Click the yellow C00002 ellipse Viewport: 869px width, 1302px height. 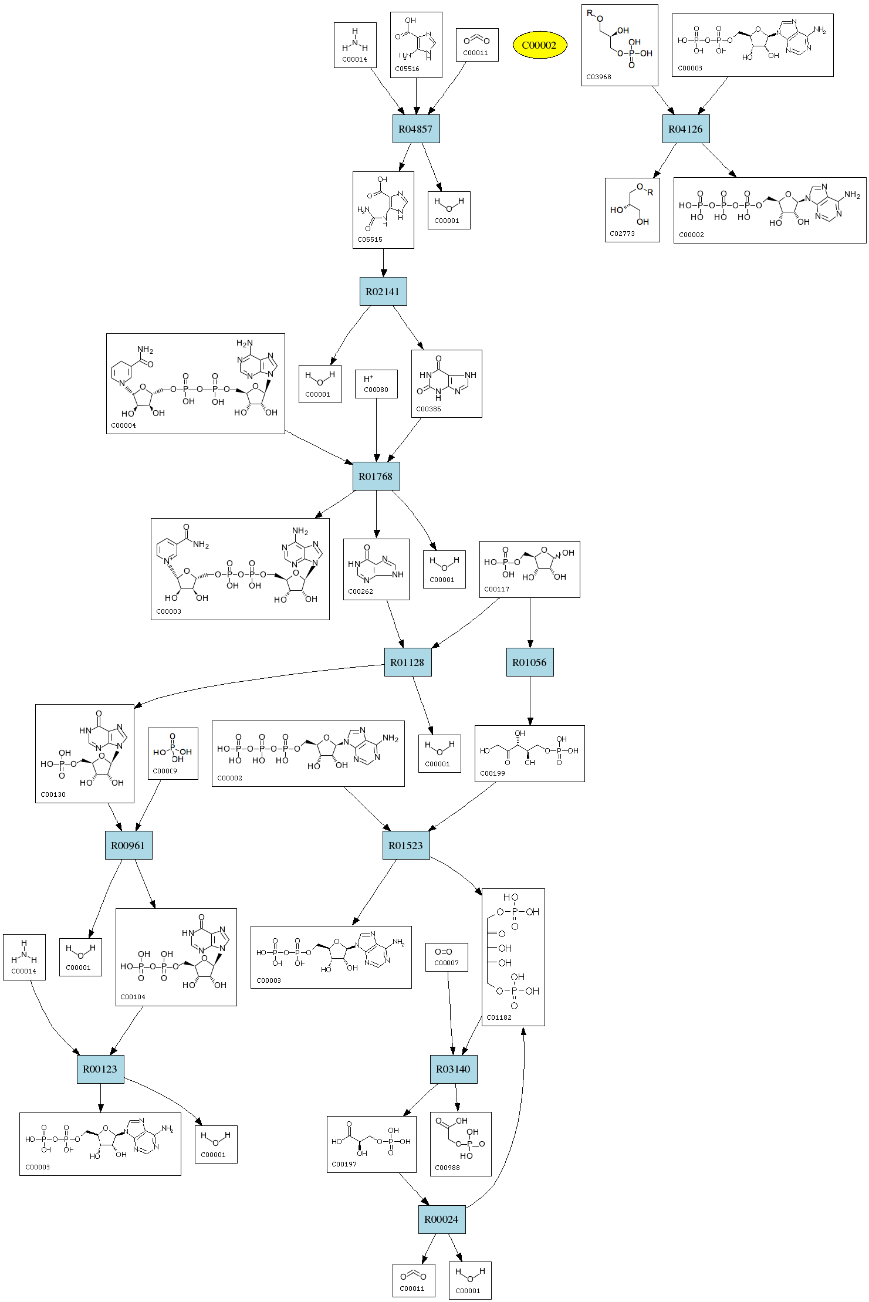pyautogui.click(x=539, y=45)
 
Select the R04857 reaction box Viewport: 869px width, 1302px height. pyautogui.click(x=415, y=129)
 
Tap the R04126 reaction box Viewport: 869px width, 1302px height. pyautogui.click(x=685, y=129)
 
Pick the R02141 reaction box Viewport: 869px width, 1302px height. pyautogui.click(x=383, y=292)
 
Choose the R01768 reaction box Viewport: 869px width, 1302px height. pyautogui.click(x=376, y=476)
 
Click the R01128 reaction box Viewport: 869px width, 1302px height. pyautogui.click(x=407, y=662)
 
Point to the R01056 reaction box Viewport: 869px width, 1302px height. pyautogui.click(x=529, y=662)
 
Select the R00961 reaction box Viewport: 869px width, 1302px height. pyautogui.click(x=128, y=846)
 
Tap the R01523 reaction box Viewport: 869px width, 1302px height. pyautogui.click(x=405, y=846)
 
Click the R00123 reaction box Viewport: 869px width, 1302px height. pyautogui.click(x=100, y=1069)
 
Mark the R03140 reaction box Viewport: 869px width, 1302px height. pyautogui.click(x=453, y=1069)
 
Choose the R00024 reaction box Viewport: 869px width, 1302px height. pyautogui.click(x=441, y=1219)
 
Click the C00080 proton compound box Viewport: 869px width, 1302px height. pyautogui.click(x=376, y=384)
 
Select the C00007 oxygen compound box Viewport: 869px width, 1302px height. pyautogui.click(x=447, y=958)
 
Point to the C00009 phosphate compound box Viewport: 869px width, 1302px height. pyautogui.click(x=173, y=753)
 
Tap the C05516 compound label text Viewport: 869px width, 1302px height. pyautogui.click(x=407, y=69)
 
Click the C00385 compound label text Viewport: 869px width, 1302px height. pyautogui.click(x=428, y=409)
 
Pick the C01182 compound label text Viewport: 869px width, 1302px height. pyautogui.click(x=499, y=1017)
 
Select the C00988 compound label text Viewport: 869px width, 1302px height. pyautogui.click(x=447, y=1168)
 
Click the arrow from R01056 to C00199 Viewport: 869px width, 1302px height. pyautogui.click(x=530, y=701)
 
